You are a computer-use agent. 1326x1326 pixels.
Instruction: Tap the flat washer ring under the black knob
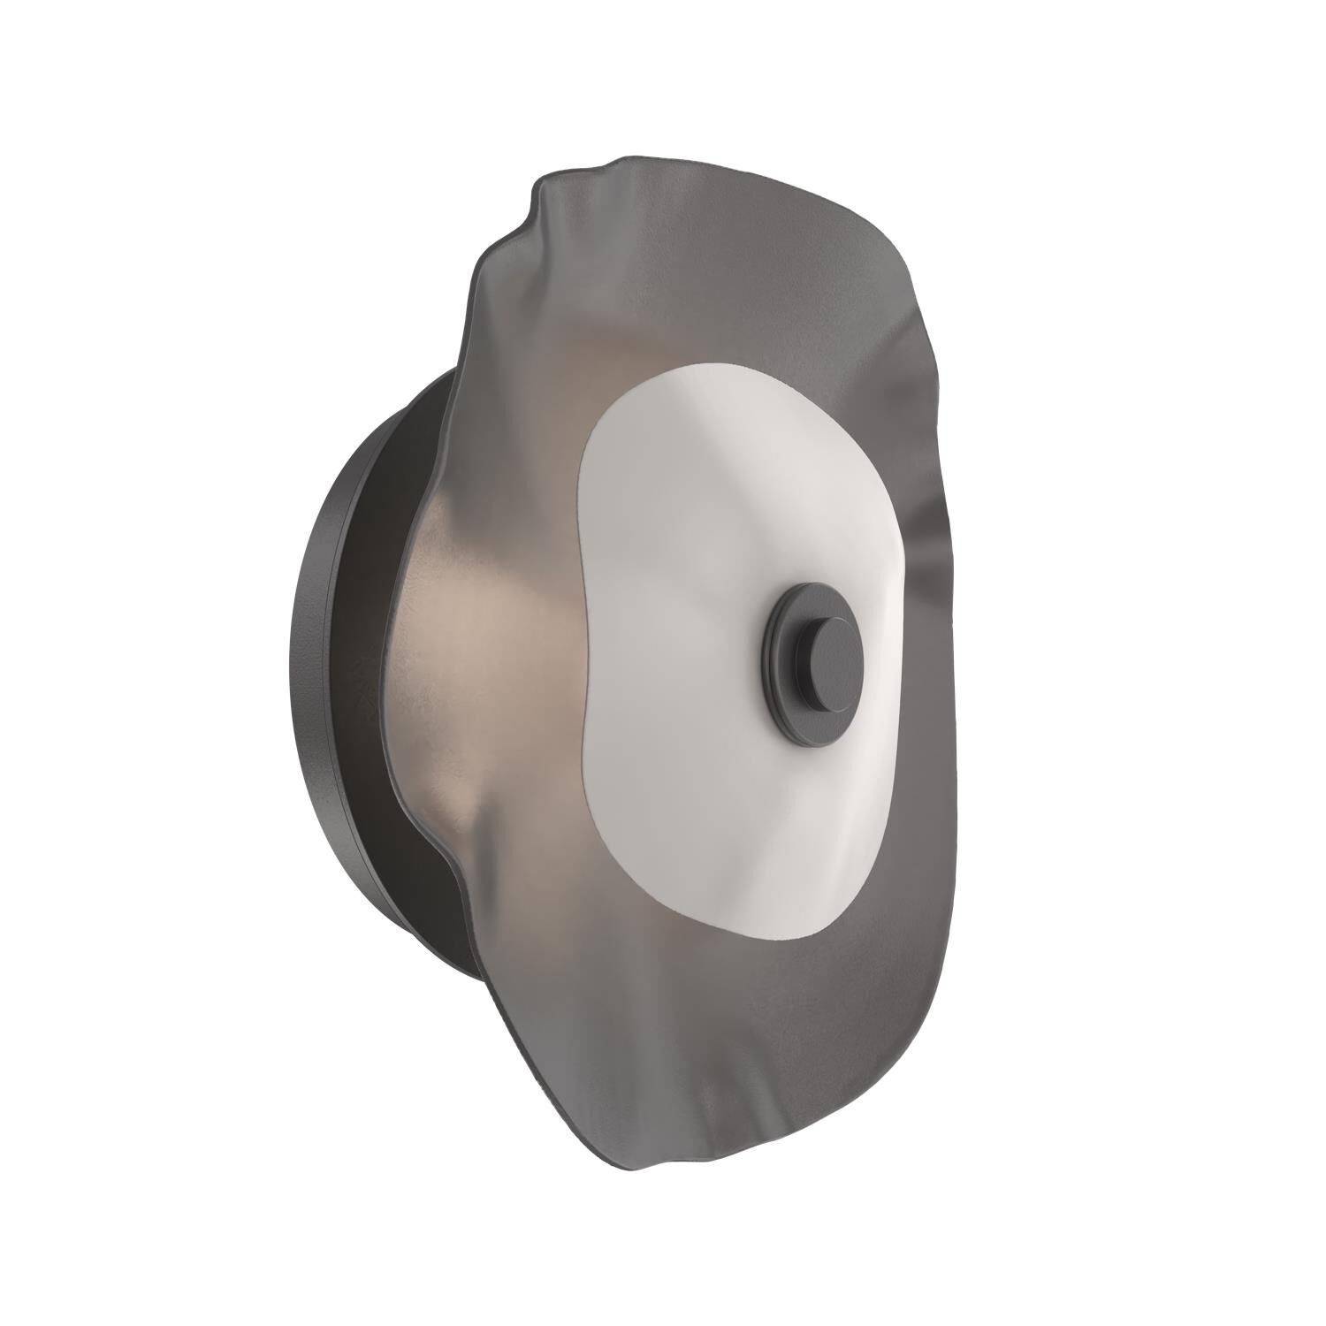point(783,654)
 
